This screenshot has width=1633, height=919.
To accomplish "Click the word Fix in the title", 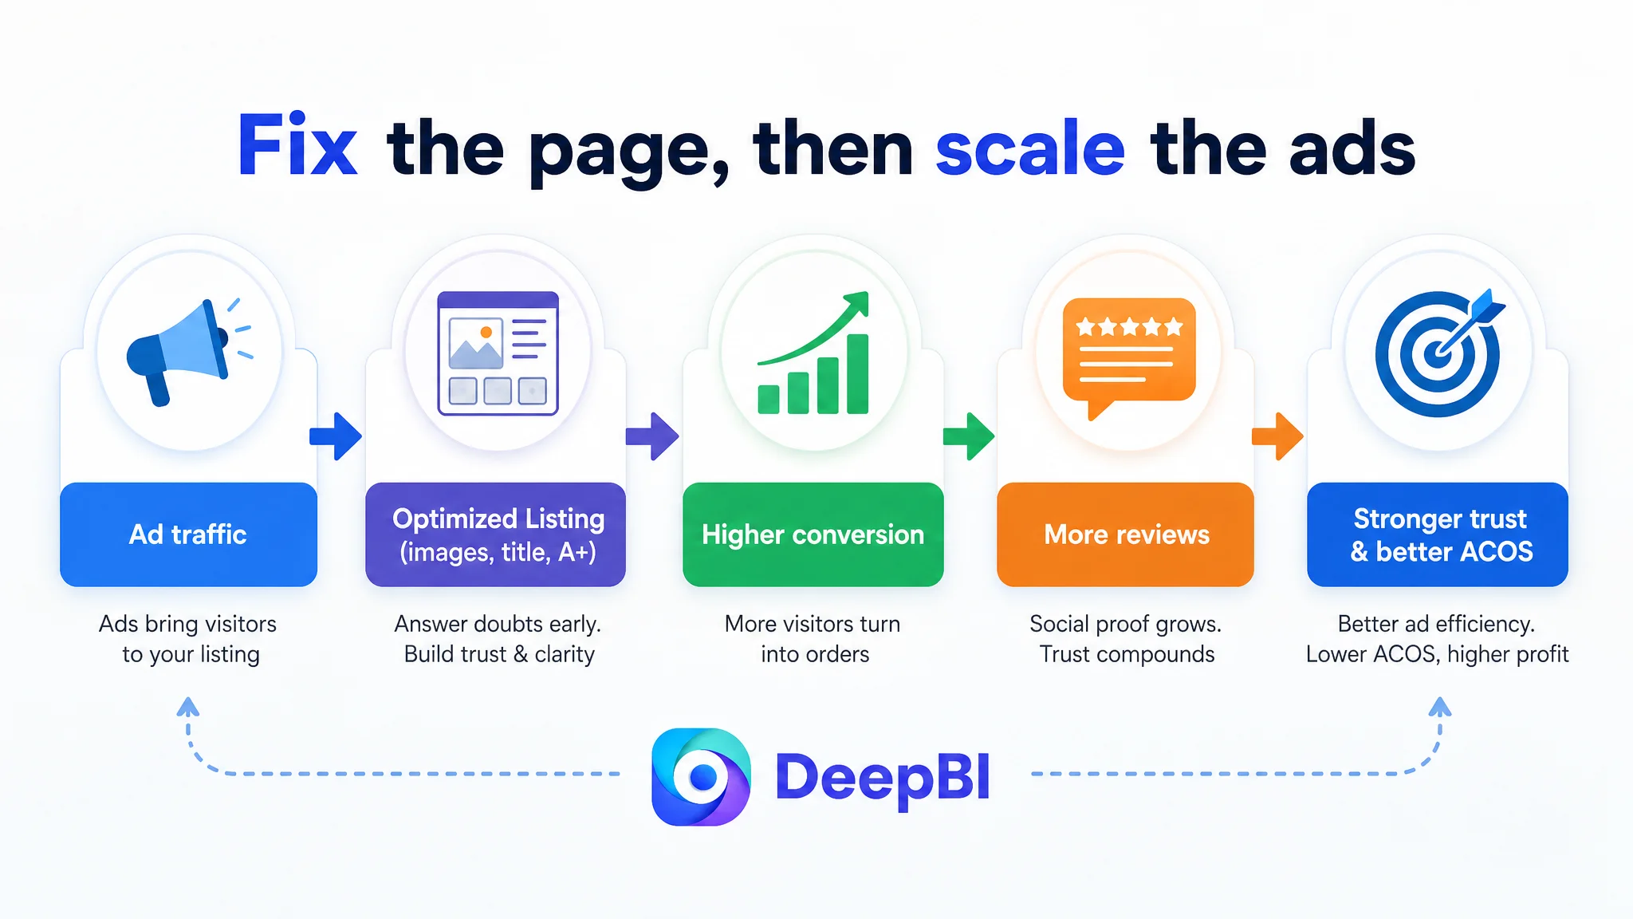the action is pos(297,145).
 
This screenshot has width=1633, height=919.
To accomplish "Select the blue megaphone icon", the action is pos(190,351).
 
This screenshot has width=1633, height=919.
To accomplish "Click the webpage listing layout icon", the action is pos(498,353).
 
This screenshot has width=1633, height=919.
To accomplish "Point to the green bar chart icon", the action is pos(813,353).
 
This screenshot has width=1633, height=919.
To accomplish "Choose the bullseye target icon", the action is pos(1439,352).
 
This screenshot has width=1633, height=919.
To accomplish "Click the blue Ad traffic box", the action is pos(189,534).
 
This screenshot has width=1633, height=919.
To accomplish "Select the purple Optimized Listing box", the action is pos(495,534).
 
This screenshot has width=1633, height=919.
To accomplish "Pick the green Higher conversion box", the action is pos(813,534).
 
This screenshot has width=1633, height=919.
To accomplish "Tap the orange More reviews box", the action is pos(1125,534).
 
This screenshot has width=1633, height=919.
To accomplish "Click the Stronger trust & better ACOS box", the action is pos(1438,534).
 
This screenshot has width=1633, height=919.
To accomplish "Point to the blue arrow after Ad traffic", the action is pos(336,436).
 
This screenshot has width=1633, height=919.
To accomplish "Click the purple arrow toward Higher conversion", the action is pos(652,436).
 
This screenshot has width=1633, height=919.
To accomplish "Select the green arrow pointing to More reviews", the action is pos(969,436).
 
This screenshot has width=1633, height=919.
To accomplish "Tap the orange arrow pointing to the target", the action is pos(1278,436).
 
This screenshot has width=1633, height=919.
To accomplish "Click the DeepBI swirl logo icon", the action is pos(701,776).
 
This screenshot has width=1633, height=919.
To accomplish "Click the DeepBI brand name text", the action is pos(883,779).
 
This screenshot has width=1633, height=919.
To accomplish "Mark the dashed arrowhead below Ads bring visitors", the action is pos(188,706).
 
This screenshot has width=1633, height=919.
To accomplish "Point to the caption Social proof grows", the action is pos(1125,624).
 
